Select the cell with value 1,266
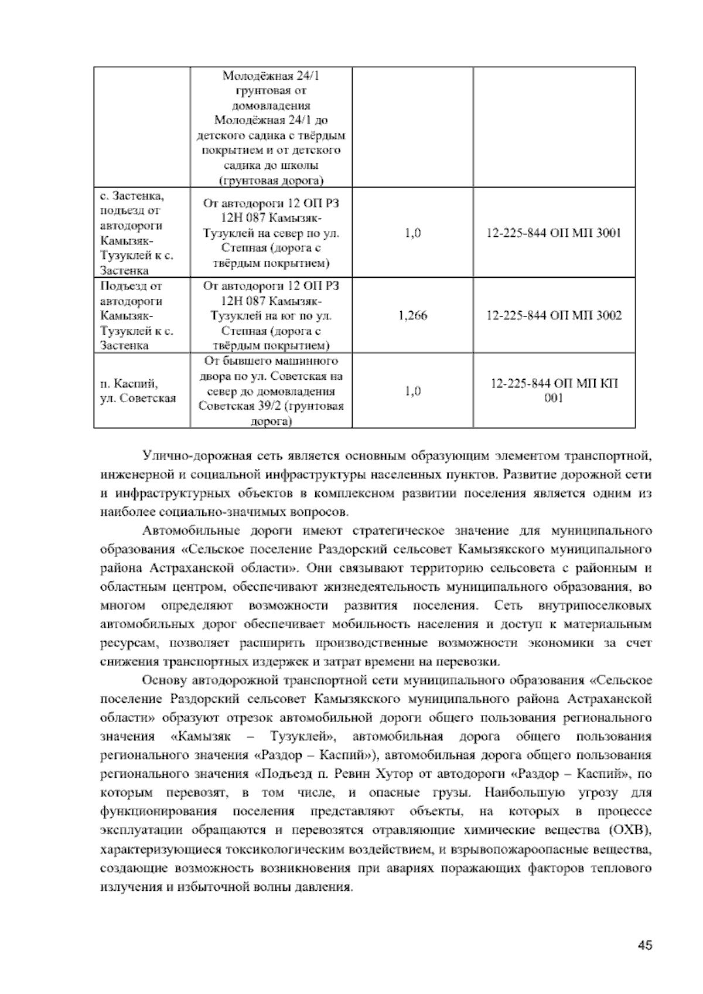[412, 316]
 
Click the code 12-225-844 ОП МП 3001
[554, 233]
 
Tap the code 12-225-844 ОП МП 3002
[554, 316]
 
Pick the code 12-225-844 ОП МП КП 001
[554, 391]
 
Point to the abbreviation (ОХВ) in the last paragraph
[629, 830]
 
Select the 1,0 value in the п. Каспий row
[412, 391]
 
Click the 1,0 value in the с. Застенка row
[412, 233]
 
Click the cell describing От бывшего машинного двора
[271, 391]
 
